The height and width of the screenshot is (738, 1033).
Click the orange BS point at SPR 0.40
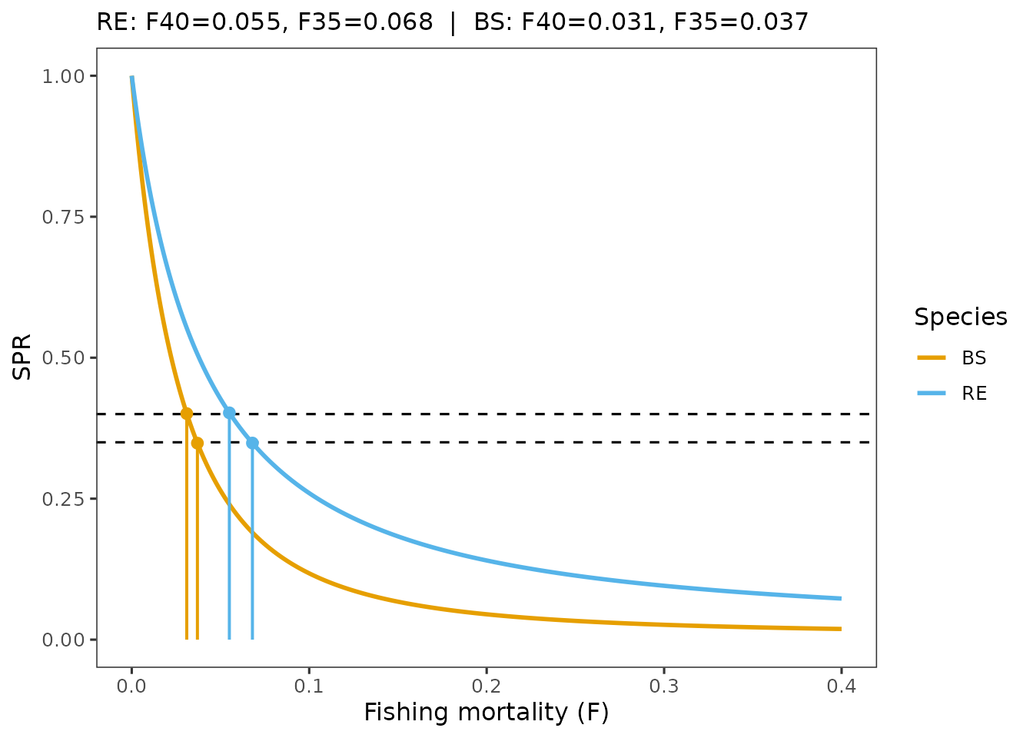[187, 414]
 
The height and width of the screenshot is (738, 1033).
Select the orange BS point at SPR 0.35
[198, 443]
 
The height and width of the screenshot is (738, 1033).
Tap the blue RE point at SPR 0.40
[229, 413]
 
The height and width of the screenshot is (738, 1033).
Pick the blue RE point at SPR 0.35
[252, 443]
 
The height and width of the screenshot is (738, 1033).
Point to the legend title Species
[960, 317]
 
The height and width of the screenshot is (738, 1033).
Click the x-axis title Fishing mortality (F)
[486, 713]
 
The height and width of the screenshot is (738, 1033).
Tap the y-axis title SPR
[23, 357]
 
